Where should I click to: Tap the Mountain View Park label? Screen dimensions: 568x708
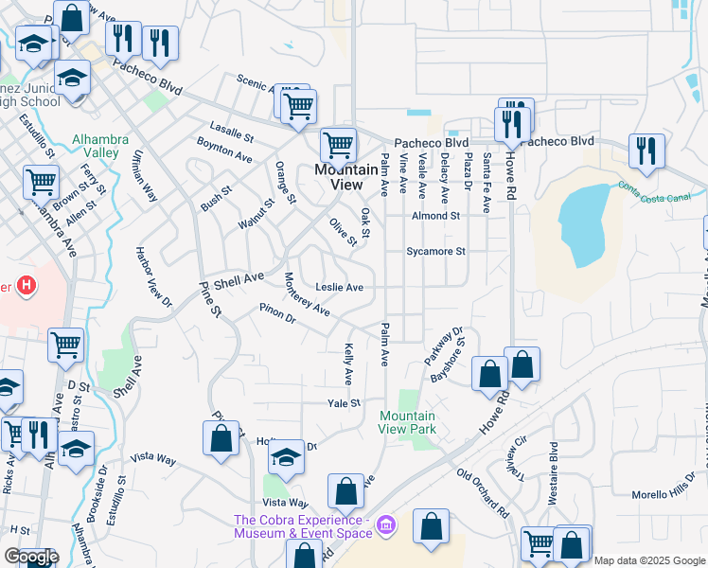click(407, 422)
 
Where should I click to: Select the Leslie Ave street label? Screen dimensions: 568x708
click(340, 287)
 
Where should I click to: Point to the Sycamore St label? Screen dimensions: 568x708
click(436, 252)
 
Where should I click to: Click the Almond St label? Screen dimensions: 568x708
click(434, 216)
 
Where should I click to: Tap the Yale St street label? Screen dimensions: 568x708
click(344, 403)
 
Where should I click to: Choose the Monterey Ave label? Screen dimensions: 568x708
click(307, 293)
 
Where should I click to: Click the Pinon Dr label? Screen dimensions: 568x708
click(277, 312)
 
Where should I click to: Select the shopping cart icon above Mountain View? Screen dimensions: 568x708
click(338, 145)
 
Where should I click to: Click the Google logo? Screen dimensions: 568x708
click(31, 557)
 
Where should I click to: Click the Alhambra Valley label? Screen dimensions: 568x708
click(95, 145)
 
